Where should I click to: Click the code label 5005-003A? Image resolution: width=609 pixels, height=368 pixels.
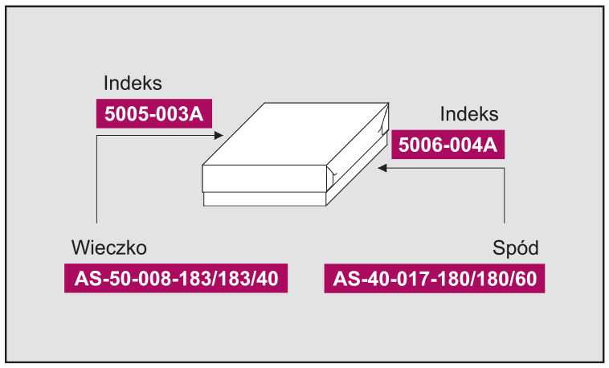coord(154,113)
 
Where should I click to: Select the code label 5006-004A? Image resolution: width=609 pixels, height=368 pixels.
coord(448,145)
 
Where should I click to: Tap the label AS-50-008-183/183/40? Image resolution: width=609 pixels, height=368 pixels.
coord(176,278)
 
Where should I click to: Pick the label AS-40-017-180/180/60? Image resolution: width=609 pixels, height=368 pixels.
coord(435,278)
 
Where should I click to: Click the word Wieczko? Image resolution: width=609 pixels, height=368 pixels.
coord(109,247)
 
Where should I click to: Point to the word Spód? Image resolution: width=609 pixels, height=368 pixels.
coord(515,247)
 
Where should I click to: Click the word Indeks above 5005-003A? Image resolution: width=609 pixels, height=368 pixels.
coord(133,83)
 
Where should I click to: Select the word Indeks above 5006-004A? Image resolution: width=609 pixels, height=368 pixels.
coord(468,114)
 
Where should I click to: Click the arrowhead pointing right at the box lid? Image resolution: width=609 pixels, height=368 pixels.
coord(219,135)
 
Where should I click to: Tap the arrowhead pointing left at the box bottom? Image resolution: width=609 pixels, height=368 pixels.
coord(382,168)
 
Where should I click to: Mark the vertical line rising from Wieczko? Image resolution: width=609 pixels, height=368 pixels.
coord(96,179)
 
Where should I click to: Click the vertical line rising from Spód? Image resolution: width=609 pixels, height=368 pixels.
coord(505,195)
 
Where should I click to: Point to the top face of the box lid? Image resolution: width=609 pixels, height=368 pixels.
coord(295,134)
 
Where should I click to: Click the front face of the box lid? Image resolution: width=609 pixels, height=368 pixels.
coord(264,178)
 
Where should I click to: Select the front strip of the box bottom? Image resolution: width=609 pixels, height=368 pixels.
coord(264,199)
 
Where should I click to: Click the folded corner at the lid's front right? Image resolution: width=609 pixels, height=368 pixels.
coord(331,174)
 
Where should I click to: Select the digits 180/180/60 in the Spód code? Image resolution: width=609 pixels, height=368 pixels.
coord(491,278)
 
